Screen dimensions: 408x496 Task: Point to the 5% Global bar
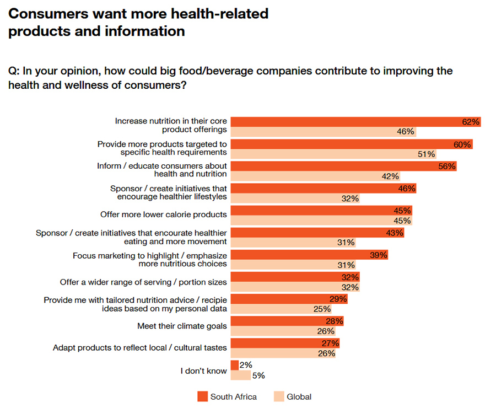240,375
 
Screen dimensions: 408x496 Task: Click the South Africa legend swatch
202,396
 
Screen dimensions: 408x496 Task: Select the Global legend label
299,396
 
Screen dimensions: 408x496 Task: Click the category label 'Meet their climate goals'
182,326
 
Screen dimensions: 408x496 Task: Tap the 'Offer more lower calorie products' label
163,214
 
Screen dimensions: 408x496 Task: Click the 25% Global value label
322,309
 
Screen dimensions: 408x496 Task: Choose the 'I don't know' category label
203,371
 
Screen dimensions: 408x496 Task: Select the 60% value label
462,144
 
